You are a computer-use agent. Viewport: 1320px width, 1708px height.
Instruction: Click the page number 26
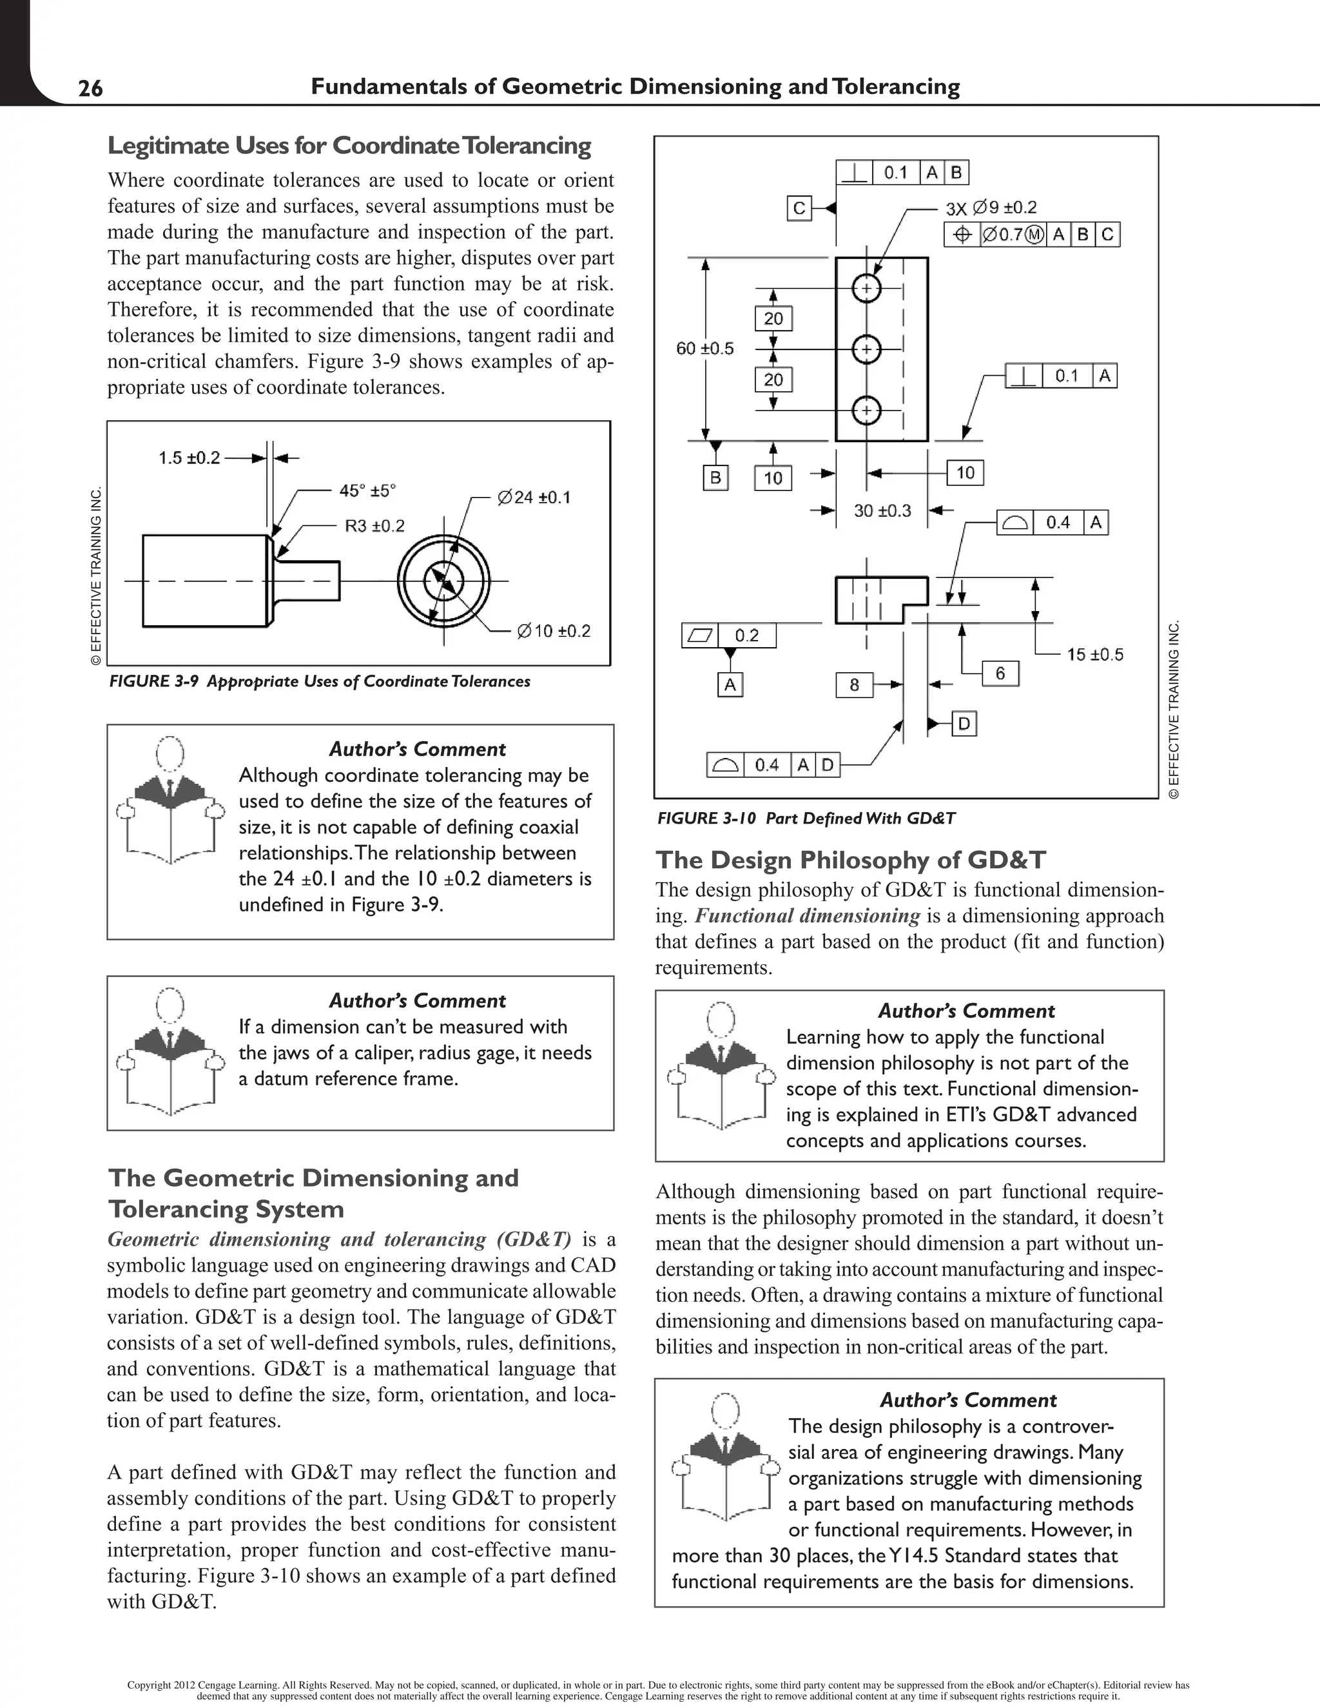(91, 88)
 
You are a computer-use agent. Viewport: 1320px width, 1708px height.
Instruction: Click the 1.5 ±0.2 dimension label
(189, 458)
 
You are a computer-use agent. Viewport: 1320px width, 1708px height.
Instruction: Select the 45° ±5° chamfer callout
(367, 490)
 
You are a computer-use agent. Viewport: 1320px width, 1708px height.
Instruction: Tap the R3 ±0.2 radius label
(374, 525)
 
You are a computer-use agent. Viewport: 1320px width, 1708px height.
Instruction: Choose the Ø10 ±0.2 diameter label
(554, 631)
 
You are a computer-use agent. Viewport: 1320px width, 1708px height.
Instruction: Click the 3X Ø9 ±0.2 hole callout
(991, 208)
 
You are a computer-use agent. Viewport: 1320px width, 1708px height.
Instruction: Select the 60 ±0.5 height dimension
(704, 348)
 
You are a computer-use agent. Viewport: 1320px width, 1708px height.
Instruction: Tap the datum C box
(799, 209)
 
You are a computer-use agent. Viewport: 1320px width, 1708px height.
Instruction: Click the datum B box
(715, 477)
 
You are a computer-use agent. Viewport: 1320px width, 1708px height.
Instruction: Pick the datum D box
(964, 724)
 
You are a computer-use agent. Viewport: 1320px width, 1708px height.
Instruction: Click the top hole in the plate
(866, 289)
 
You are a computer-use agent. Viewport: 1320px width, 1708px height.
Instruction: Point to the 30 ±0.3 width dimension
(882, 510)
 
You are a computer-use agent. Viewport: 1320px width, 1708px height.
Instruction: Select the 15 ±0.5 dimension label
(1095, 655)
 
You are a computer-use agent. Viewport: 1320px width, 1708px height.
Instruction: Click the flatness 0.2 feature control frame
(729, 635)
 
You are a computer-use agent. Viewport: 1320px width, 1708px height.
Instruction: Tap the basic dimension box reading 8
(854, 685)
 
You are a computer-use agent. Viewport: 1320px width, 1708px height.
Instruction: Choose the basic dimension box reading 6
(1000, 674)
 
